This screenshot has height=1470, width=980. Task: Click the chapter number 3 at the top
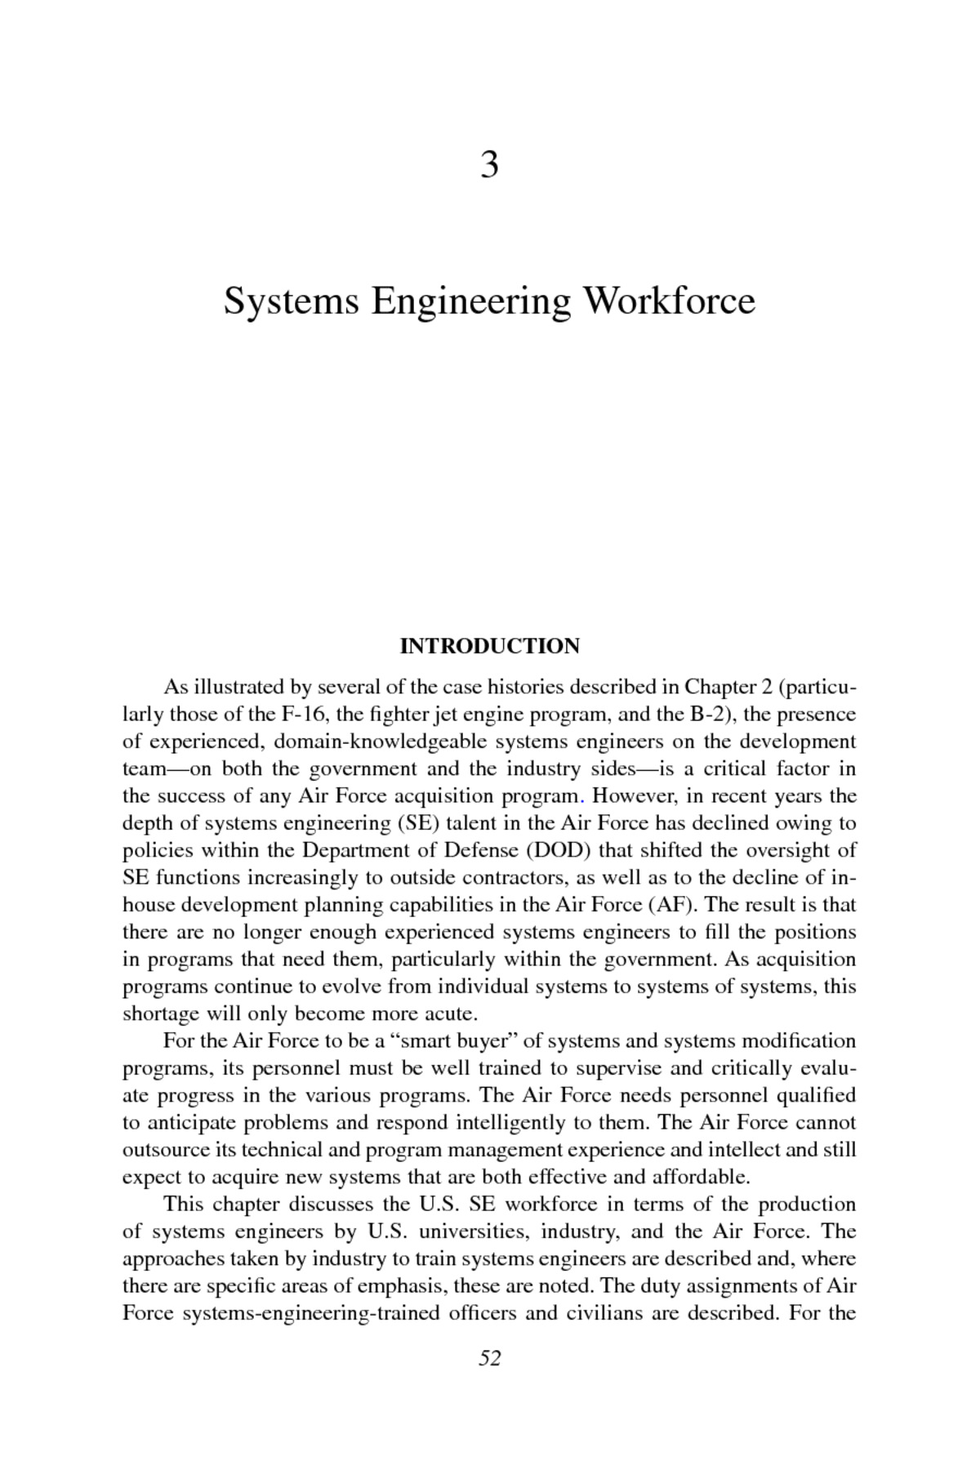pyautogui.click(x=489, y=166)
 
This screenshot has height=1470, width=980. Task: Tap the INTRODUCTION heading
pyautogui.click(x=489, y=646)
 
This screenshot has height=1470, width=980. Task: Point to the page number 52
pyautogui.click(x=489, y=1358)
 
